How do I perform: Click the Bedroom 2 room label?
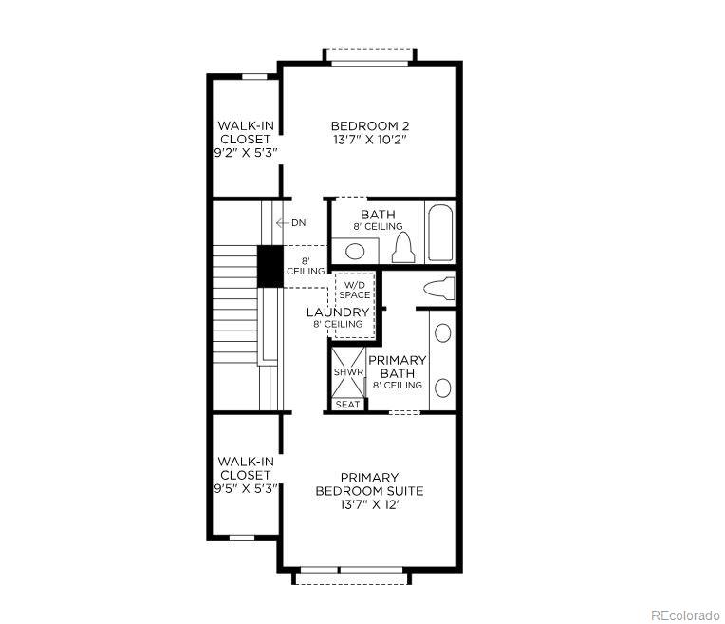tap(370, 125)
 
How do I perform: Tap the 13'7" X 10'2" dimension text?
tap(370, 140)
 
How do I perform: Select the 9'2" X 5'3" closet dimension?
tap(244, 152)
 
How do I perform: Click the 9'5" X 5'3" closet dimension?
tap(244, 488)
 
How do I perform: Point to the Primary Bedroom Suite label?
tap(370, 484)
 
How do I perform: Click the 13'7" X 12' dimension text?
tap(370, 505)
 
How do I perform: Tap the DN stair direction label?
tap(298, 223)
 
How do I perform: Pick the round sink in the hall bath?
tap(354, 251)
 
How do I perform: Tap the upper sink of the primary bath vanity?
tap(442, 333)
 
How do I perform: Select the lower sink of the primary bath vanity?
tap(442, 388)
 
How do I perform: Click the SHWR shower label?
tap(347, 372)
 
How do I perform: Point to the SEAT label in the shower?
tap(347, 405)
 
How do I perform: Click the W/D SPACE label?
tap(356, 290)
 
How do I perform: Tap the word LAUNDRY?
tap(338, 312)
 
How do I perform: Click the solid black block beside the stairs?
tap(270, 265)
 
